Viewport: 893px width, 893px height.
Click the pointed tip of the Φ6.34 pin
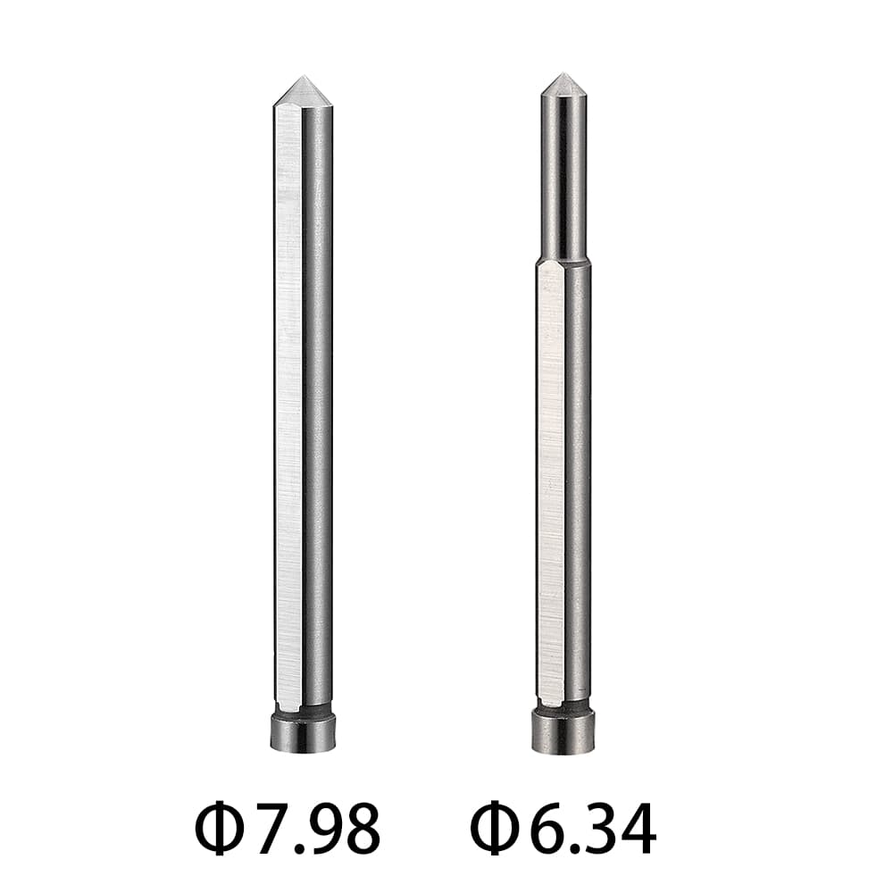[563, 77]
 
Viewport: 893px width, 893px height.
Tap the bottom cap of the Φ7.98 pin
[303, 732]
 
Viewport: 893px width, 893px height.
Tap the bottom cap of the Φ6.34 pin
[563, 732]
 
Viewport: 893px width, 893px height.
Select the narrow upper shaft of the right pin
[563, 179]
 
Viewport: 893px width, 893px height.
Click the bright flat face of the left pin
[288, 402]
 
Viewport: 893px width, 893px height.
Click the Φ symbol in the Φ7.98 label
[220, 830]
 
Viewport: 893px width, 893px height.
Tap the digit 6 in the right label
[546, 830]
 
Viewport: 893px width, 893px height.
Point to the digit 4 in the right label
[637, 830]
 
